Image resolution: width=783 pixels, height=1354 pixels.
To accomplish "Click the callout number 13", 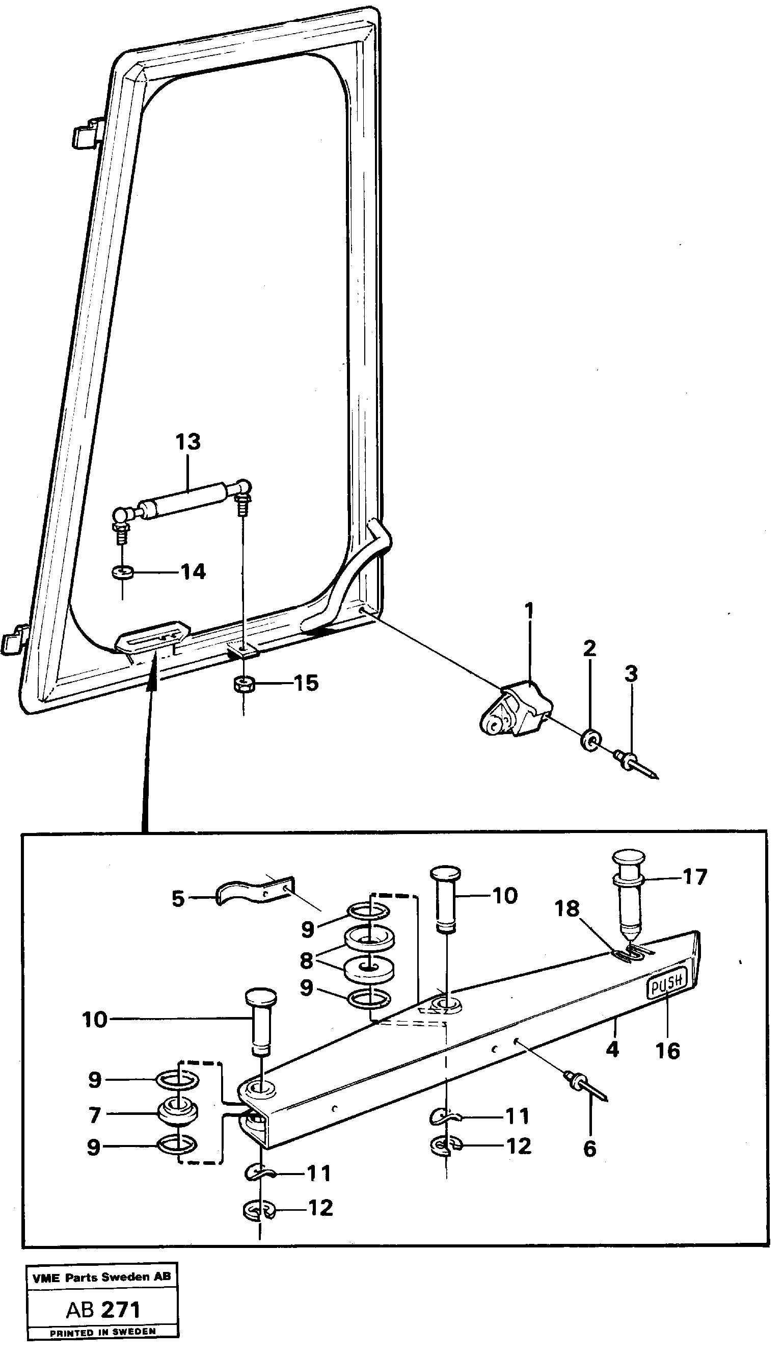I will point(188,442).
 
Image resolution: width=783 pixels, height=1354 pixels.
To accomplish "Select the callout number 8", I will point(306,960).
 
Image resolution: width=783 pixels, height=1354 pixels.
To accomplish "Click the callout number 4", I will point(612,1049).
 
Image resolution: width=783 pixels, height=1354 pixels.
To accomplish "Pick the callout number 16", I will point(667,1051).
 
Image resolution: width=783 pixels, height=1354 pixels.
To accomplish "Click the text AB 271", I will point(102,1310).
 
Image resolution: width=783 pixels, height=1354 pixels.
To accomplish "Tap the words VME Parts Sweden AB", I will point(101,1277).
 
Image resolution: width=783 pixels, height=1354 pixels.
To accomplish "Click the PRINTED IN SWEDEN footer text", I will point(102,1332).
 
